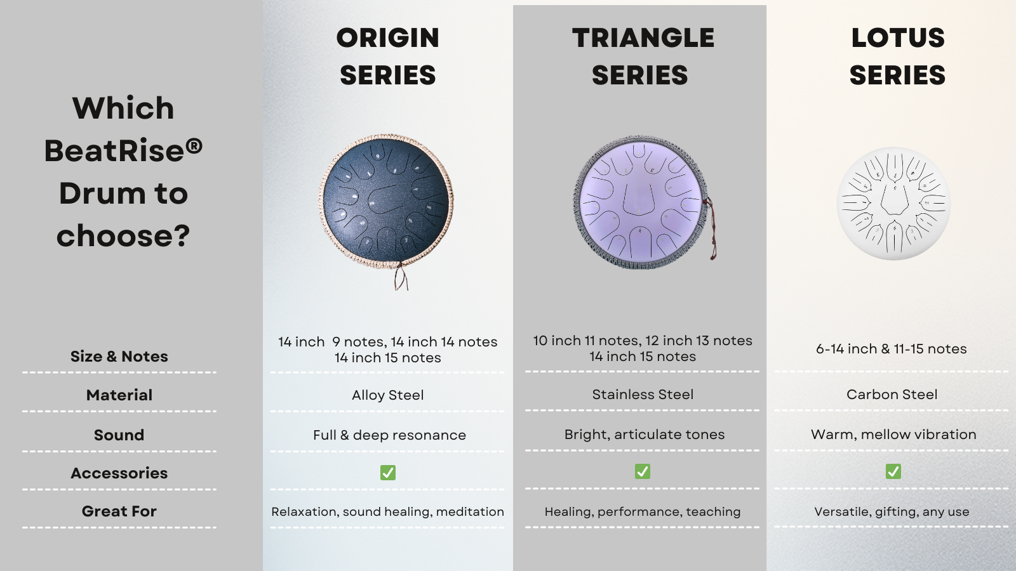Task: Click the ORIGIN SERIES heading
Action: point(388,56)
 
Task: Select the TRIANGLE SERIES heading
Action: point(643,56)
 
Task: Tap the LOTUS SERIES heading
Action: point(898,56)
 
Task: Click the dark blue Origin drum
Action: point(386,202)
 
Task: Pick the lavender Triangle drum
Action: point(641,202)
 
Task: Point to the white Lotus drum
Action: point(893,203)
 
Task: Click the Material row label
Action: point(119,395)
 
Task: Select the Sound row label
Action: point(119,435)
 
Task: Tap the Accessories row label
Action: point(119,473)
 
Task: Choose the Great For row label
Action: point(119,511)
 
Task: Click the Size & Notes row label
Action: point(119,357)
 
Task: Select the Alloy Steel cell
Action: point(388,395)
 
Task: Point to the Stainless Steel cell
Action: point(643,394)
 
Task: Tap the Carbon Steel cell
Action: point(892,394)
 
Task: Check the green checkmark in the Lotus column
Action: point(893,471)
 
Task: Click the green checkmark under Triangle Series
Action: point(643,471)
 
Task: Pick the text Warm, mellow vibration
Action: point(893,435)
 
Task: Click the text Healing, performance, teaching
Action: point(643,511)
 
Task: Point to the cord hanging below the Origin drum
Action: point(401,277)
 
